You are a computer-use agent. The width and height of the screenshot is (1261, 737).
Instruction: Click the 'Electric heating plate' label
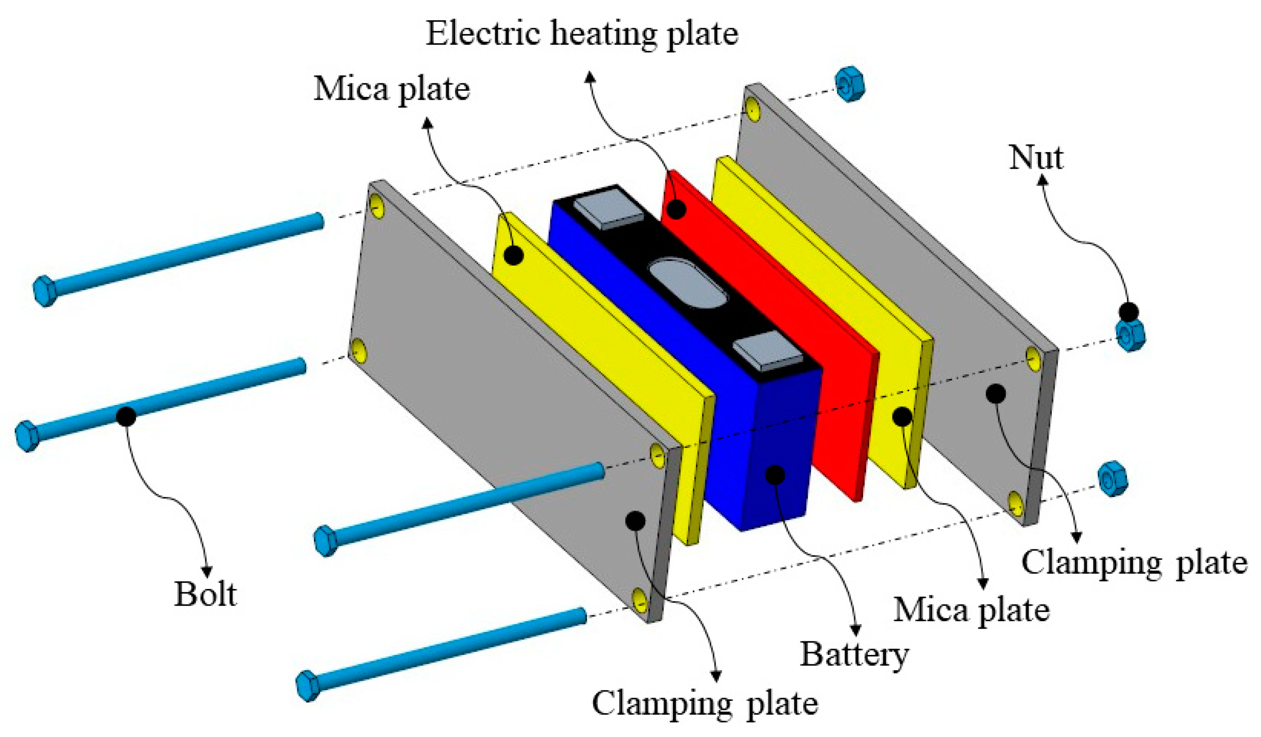581,34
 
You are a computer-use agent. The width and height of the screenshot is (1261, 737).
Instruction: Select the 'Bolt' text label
205,594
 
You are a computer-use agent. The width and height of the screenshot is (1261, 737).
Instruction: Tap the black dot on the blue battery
775,474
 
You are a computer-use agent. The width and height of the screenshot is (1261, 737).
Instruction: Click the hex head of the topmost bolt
44,291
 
